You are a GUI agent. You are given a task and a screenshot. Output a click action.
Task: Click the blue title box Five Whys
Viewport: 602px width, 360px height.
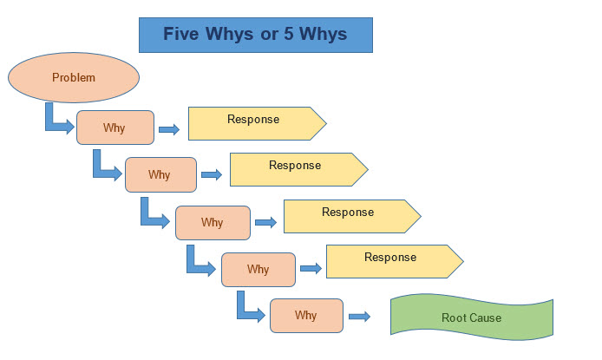pyautogui.click(x=255, y=35)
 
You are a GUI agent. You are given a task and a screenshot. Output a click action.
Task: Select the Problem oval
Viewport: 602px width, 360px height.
pyautogui.click(x=74, y=78)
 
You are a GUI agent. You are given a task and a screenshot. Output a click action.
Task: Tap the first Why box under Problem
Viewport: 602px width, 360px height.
pyautogui.click(x=115, y=128)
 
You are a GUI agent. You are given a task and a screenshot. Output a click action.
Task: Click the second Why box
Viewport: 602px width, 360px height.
pyautogui.click(x=160, y=174)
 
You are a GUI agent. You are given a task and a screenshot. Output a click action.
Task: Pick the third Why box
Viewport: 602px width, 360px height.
pyautogui.click(x=213, y=222)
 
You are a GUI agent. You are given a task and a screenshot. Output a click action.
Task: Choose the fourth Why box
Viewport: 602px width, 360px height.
pyautogui.click(x=258, y=269)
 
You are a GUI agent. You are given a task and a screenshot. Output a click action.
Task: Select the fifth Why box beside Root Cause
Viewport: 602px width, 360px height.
pyautogui.click(x=306, y=316)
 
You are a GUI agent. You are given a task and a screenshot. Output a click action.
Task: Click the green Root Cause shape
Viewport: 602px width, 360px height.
pyautogui.click(x=471, y=317)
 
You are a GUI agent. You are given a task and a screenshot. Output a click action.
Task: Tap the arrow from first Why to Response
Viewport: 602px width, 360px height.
pyautogui.click(x=169, y=129)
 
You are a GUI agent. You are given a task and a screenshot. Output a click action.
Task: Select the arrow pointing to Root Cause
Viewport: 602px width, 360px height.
pyautogui.click(x=359, y=317)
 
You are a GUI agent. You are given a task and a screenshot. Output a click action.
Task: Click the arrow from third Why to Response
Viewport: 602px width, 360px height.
pyautogui.click(x=265, y=223)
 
